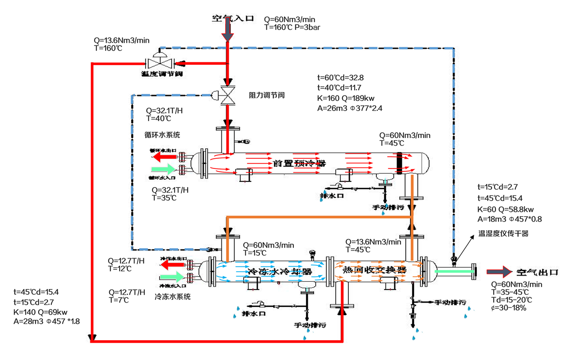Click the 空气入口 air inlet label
tap(233, 19)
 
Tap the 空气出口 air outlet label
tap(537, 272)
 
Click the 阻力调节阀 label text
tap(267, 96)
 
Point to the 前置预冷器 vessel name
tap(300, 164)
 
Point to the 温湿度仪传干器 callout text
tap(503, 233)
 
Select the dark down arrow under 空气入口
tap(227, 31)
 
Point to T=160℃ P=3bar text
tap(292, 28)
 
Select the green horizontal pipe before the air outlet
tap(454, 272)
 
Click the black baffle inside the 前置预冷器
tap(399, 164)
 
